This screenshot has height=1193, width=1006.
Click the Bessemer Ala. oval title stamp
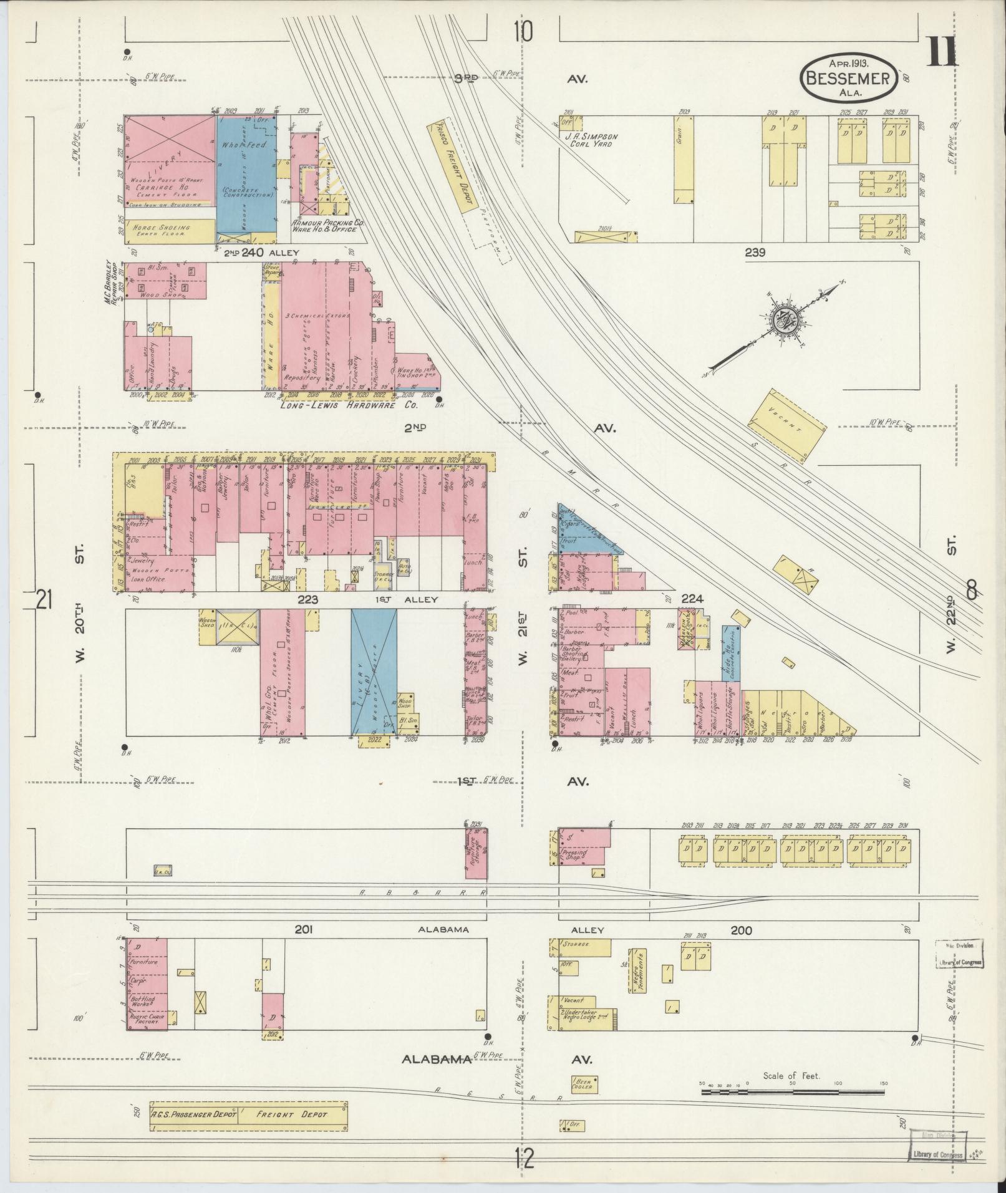tap(849, 77)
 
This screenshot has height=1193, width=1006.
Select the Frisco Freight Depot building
tap(452, 165)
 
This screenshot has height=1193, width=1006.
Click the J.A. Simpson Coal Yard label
tap(592, 140)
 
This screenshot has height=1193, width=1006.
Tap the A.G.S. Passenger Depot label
tap(193, 1114)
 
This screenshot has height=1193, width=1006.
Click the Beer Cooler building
tap(584, 1083)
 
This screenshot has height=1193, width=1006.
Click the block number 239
tap(755, 253)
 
